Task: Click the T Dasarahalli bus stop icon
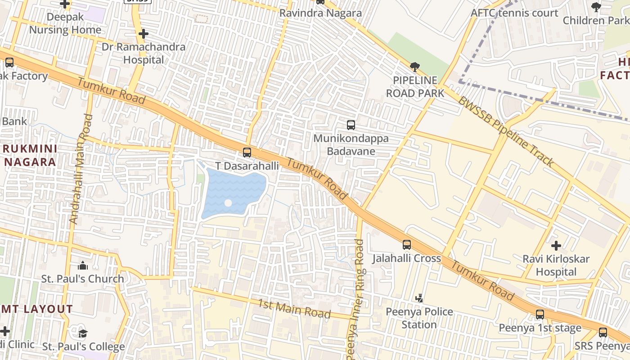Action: point(247,153)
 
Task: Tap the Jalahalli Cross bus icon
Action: point(407,245)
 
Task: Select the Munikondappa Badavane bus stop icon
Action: point(351,125)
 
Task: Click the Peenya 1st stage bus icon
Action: point(540,315)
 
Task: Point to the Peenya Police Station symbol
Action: point(419,298)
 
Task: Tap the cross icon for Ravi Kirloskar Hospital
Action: point(556,246)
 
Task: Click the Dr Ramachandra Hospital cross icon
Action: point(144,34)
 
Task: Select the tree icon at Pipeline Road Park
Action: point(415,67)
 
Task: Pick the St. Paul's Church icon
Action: point(83,265)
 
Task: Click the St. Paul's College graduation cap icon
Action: point(83,333)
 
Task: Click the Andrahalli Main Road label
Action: point(81,169)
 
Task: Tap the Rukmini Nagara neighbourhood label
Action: point(30,155)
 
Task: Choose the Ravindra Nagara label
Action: point(320,13)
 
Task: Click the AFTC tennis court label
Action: point(514,13)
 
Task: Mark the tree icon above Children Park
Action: point(596,7)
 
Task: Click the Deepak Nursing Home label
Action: point(65,23)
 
